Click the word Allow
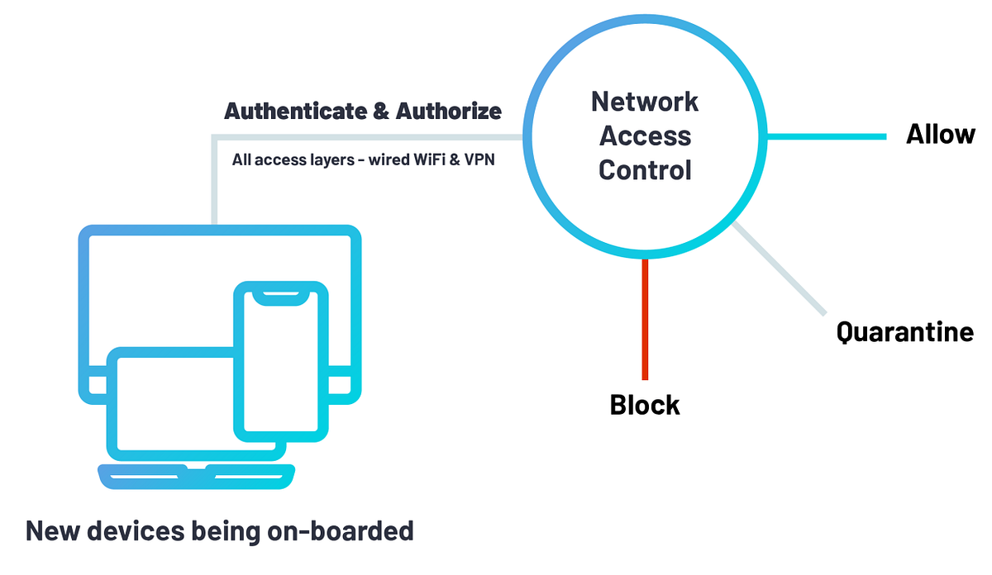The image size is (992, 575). [940, 134]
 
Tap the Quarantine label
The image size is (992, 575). [904, 332]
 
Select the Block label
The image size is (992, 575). [645, 405]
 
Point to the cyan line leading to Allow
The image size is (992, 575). [827, 136]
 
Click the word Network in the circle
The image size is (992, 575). [645, 102]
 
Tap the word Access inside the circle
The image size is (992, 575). [645, 135]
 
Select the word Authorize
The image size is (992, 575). [448, 111]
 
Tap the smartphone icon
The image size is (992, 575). [281, 364]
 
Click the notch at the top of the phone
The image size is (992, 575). [281, 296]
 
